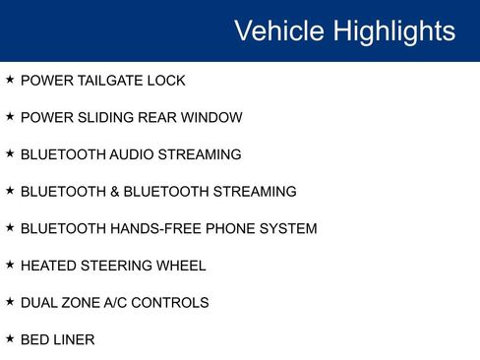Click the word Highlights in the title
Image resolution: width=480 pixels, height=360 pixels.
tap(393, 30)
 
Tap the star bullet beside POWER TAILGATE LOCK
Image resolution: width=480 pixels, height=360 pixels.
tap(10, 79)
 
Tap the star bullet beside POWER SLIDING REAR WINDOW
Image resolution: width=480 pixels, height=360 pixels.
tap(10, 116)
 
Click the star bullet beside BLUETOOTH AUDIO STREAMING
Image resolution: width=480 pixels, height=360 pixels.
tap(10, 153)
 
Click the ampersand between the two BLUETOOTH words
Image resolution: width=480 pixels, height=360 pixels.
tap(110, 192)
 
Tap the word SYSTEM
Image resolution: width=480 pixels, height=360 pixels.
tap(286, 229)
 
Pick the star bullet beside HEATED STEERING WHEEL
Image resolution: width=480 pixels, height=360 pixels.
tap(10, 265)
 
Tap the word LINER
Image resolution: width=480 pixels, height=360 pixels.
tap(75, 340)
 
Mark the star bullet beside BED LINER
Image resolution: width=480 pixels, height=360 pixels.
tap(10, 338)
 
